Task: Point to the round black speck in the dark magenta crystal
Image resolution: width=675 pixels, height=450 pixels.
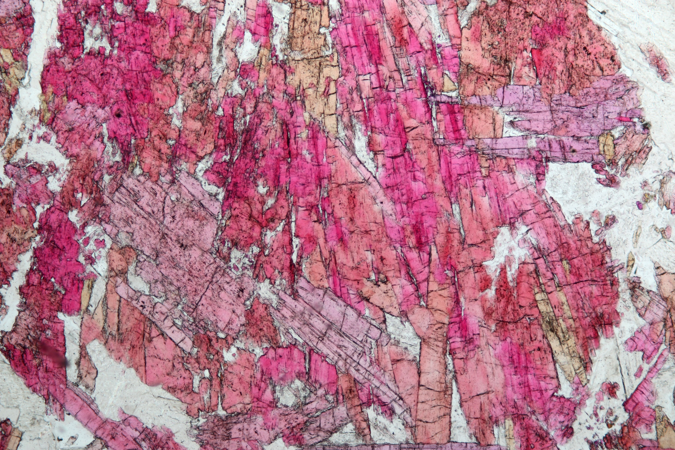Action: pos(118,114)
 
